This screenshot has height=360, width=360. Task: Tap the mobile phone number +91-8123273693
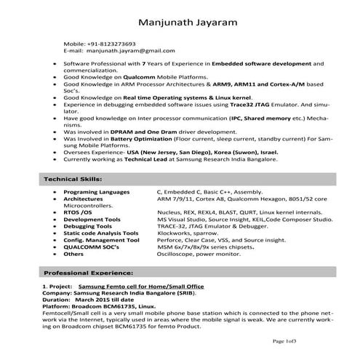point(110,44)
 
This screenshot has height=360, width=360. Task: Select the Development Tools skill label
point(92,218)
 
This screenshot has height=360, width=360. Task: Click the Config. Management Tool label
point(101,239)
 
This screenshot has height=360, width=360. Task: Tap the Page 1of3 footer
point(286,340)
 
